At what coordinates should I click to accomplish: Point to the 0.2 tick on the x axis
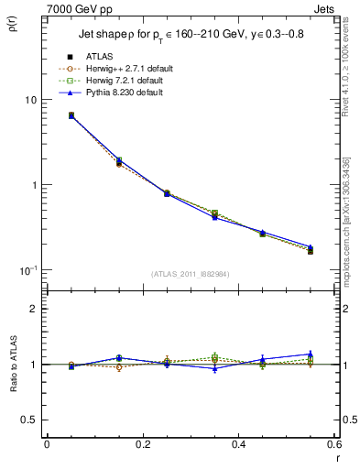pyautogui.click(x=142, y=444)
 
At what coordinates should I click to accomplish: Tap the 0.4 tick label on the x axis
pyautogui.click(x=238, y=444)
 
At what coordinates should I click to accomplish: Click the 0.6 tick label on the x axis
pyautogui.click(x=333, y=444)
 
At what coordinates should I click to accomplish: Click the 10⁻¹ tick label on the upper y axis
pyautogui.click(x=27, y=269)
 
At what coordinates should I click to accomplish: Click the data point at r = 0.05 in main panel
pyautogui.click(x=71, y=115)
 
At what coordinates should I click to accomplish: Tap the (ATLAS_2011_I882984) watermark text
pyautogui.click(x=190, y=274)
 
